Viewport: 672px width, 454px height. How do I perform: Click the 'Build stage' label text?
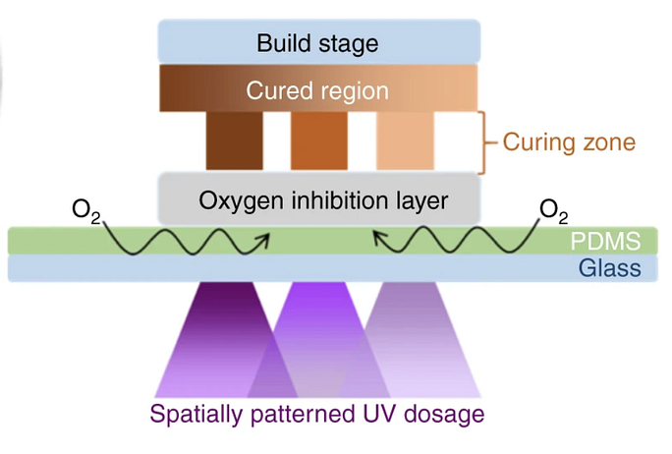pyautogui.click(x=317, y=43)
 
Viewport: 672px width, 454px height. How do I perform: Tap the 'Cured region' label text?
pyautogui.click(x=317, y=91)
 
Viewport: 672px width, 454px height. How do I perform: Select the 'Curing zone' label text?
pyautogui.click(x=569, y=142)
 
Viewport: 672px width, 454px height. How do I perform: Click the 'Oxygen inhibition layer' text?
pyautogui.click(x=323, y=199)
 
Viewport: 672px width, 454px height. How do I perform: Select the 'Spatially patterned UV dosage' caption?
pyautogui.click(x=317, y=414)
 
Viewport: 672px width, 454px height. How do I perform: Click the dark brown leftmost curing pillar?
pyautogui.click(x=234, y=141)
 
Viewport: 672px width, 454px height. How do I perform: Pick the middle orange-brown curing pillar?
pyautogui.click(x=318, y=141)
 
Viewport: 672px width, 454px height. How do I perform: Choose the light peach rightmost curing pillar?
pyautogui.click(x=405, y=141)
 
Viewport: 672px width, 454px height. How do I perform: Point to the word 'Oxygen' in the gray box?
pyautogui.click(x=235, y=199)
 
